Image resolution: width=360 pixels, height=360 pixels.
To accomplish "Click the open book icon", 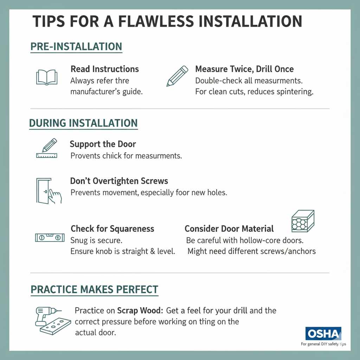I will coord(47,77).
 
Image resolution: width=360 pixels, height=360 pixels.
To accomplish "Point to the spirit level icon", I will coord(50,237).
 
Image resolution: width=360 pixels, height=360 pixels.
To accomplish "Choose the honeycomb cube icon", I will coord(303,221).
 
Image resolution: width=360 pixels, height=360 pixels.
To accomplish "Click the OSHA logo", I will coord(323,334).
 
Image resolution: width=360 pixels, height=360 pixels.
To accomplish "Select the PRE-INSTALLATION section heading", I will coord(76,47).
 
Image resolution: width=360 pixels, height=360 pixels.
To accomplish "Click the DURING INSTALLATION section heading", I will coord(83,123).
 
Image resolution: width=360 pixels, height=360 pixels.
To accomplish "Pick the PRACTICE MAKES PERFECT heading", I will coord(94,289).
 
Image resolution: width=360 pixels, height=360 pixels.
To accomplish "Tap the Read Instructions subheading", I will coord(105,69).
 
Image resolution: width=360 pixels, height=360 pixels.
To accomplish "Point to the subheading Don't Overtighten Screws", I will coord(119,181).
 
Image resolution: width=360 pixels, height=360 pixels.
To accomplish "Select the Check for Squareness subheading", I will coord(112,229).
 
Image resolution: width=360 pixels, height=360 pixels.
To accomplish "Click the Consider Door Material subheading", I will coord(229,229).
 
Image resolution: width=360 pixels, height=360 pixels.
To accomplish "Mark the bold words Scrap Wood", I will coord(139,311).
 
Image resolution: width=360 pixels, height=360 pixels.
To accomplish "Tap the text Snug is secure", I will coord(96,241).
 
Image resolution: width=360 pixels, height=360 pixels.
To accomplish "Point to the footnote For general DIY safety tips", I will coord(323,344).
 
